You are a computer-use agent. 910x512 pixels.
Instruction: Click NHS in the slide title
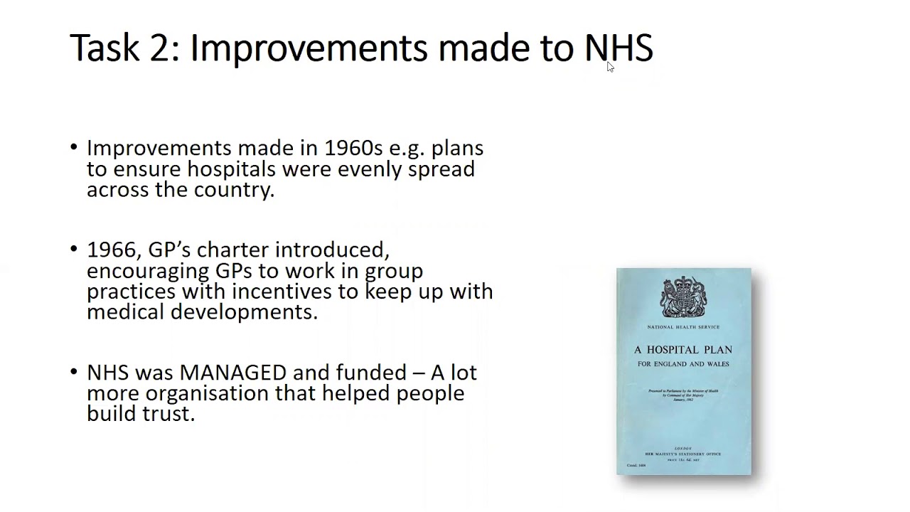coord(619,48)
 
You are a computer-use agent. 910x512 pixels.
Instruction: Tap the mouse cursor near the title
coord(610,67)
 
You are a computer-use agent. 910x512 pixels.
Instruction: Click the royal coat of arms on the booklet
coord(683,297)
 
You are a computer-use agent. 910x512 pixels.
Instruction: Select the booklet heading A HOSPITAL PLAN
coord(683,350)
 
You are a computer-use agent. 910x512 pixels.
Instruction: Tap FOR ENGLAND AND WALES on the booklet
coord(683,364)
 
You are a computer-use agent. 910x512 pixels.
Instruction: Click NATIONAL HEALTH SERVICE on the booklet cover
coord(683,327)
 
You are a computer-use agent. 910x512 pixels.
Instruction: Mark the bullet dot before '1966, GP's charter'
coord(75,250)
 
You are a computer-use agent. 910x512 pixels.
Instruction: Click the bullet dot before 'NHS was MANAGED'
coord(75,371)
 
